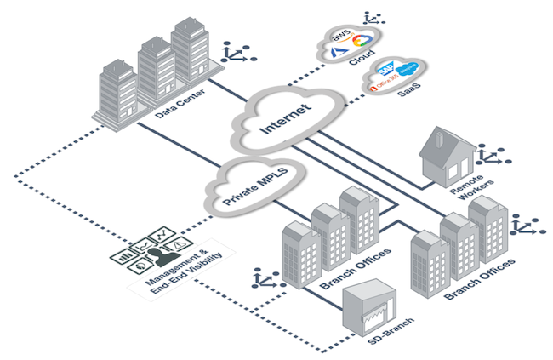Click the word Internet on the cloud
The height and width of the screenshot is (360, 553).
(281, 118)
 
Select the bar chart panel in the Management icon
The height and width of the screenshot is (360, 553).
(125, 254)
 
